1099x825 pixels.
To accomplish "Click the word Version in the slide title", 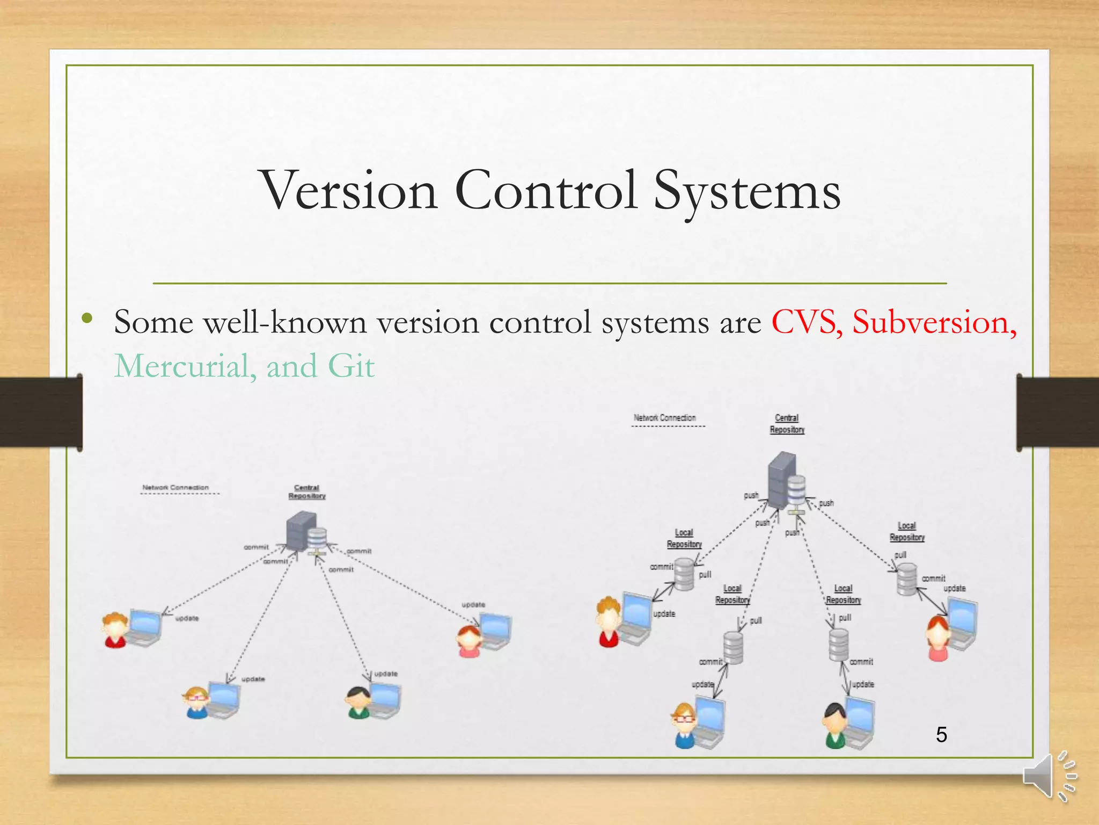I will pos(349,191).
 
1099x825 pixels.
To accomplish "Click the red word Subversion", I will pos(934,322).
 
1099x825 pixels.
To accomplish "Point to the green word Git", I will pos(351,366).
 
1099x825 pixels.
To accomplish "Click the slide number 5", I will pos(941,734).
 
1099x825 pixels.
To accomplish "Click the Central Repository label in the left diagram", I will pos(307,492).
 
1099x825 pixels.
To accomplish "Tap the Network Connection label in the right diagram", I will pos(664,418).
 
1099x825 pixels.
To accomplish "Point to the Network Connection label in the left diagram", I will pos(175,488).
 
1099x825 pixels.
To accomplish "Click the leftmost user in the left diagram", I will pos(115,630).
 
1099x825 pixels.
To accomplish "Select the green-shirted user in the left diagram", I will pos(358,703).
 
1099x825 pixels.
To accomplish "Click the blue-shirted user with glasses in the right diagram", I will pos(684,725).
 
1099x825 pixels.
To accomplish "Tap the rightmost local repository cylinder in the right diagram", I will pos(907,579).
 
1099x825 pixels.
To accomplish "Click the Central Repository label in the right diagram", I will pos(787,424).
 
